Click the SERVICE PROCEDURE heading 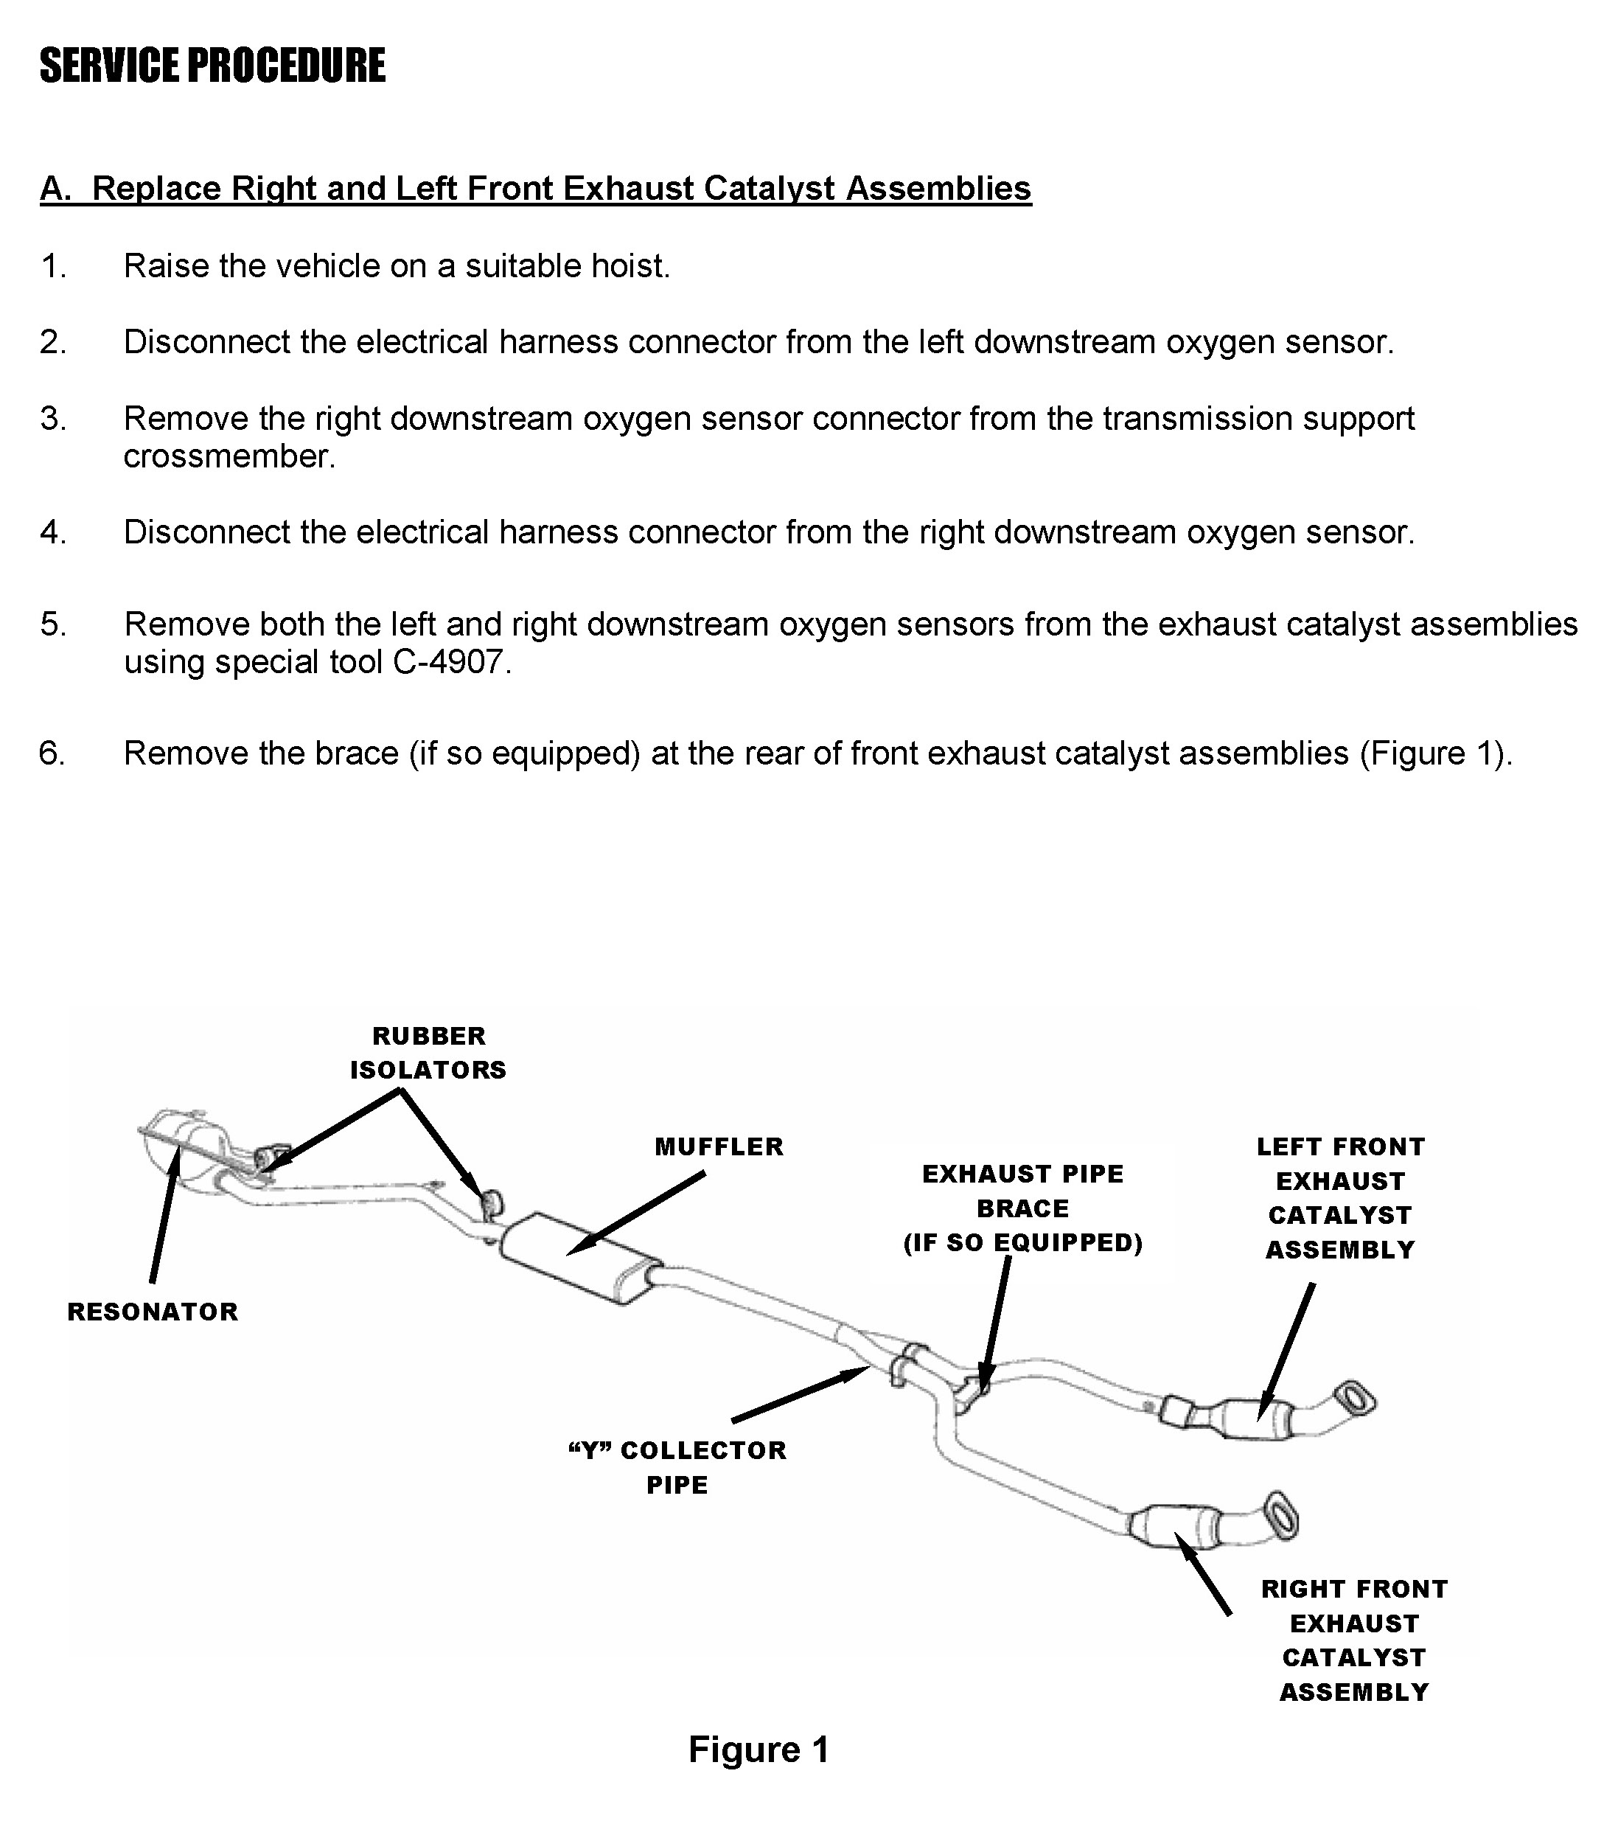(x=212, y=66)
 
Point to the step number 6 (x=52, y=753)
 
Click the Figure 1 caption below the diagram (x=759, y=1750)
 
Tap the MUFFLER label (x=719, y=1146)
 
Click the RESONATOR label (x=153, y=1312)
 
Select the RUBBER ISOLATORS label (x=428, y=1053)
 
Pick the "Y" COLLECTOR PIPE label (x=677, y=1467)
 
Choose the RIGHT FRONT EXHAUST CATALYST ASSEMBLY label (x=1354, y=1640)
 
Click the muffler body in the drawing (x=580, y=1259)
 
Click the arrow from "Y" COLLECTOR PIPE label (x=799, y=1396)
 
